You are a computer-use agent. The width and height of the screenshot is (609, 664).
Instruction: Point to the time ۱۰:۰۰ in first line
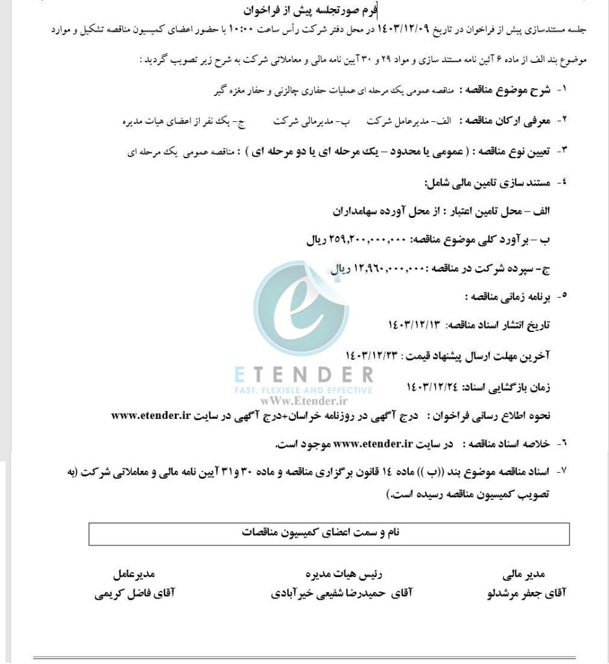(x=238, y=30)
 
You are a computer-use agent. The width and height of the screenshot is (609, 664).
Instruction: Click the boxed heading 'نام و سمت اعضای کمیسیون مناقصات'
(x=329, y=532)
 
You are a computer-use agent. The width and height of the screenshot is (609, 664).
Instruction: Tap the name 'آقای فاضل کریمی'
(x=135, y=593)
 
